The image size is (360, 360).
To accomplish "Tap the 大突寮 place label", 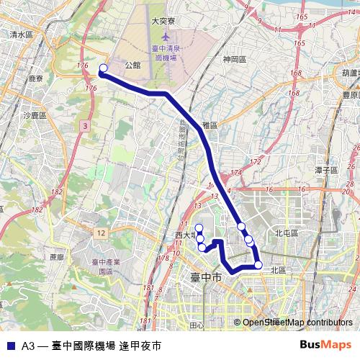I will [x=164, y=22].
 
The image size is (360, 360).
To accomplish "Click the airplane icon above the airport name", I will [x=167, y=36].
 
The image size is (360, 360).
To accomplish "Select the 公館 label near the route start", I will [x=132, y=65].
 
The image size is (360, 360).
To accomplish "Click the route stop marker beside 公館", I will [x=103, y=68].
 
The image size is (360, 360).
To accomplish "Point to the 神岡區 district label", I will [x=235, y=59].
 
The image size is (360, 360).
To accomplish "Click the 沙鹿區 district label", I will [x=35, y=115].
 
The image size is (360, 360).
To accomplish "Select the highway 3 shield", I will [x=85, y=126].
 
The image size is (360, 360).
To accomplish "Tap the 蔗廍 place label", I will [x=57, y=256].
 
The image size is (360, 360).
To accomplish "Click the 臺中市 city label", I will [x=205, y=277].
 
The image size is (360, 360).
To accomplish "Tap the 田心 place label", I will [x=197, y=325].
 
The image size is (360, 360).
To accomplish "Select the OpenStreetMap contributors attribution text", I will [x=297, y=323].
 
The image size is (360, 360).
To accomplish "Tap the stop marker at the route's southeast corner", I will [x=258, y=265].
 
